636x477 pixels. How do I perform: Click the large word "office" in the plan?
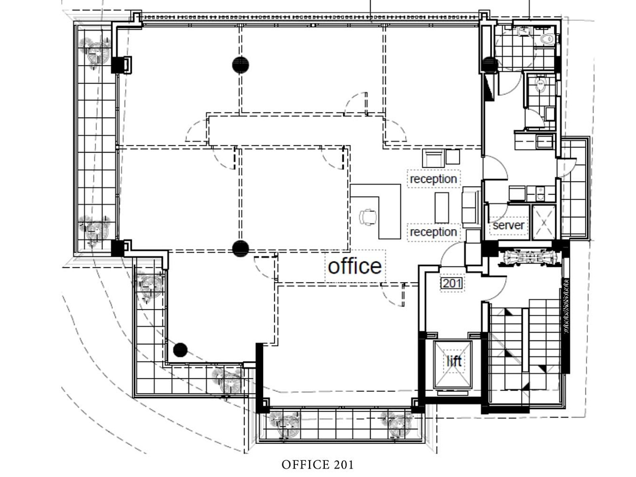pyautogui.click(x=354, y=266)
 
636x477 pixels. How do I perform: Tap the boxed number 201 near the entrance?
pyautogui.click(x=452, y=283)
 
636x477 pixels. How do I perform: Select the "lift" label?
pyautogui.click(x=454, y=361)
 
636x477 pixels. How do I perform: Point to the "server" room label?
pyautogui.click(x=508, y=225)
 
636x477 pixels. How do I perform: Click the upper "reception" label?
pyautogui.click(x=433, y=179)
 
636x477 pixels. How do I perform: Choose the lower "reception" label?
pyautogui.click(x=433, y=232)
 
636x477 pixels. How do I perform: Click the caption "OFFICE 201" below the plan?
pyautogui.click(x=318, y=465)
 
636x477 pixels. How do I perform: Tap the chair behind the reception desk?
pyautogui.click(x=368, y=217)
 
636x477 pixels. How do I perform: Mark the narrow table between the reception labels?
pyautogui.click(x=442, y=208)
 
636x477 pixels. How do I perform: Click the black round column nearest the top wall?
pyautogui.click(x=240, y=65)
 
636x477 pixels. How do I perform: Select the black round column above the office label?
pyautogui.click(x=240, y=248)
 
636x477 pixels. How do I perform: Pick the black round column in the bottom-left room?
pyautogui.click(x=180, y=350)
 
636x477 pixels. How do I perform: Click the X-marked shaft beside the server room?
pyautogui.click(x=544, y=222)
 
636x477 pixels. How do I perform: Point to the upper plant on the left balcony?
pyautogui.click(x=96, y=52)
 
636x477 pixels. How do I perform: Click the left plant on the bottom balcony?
pyautogui.click(x=284, y=424)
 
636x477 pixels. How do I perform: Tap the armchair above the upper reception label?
pyautogui.click(x=433, y=158)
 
